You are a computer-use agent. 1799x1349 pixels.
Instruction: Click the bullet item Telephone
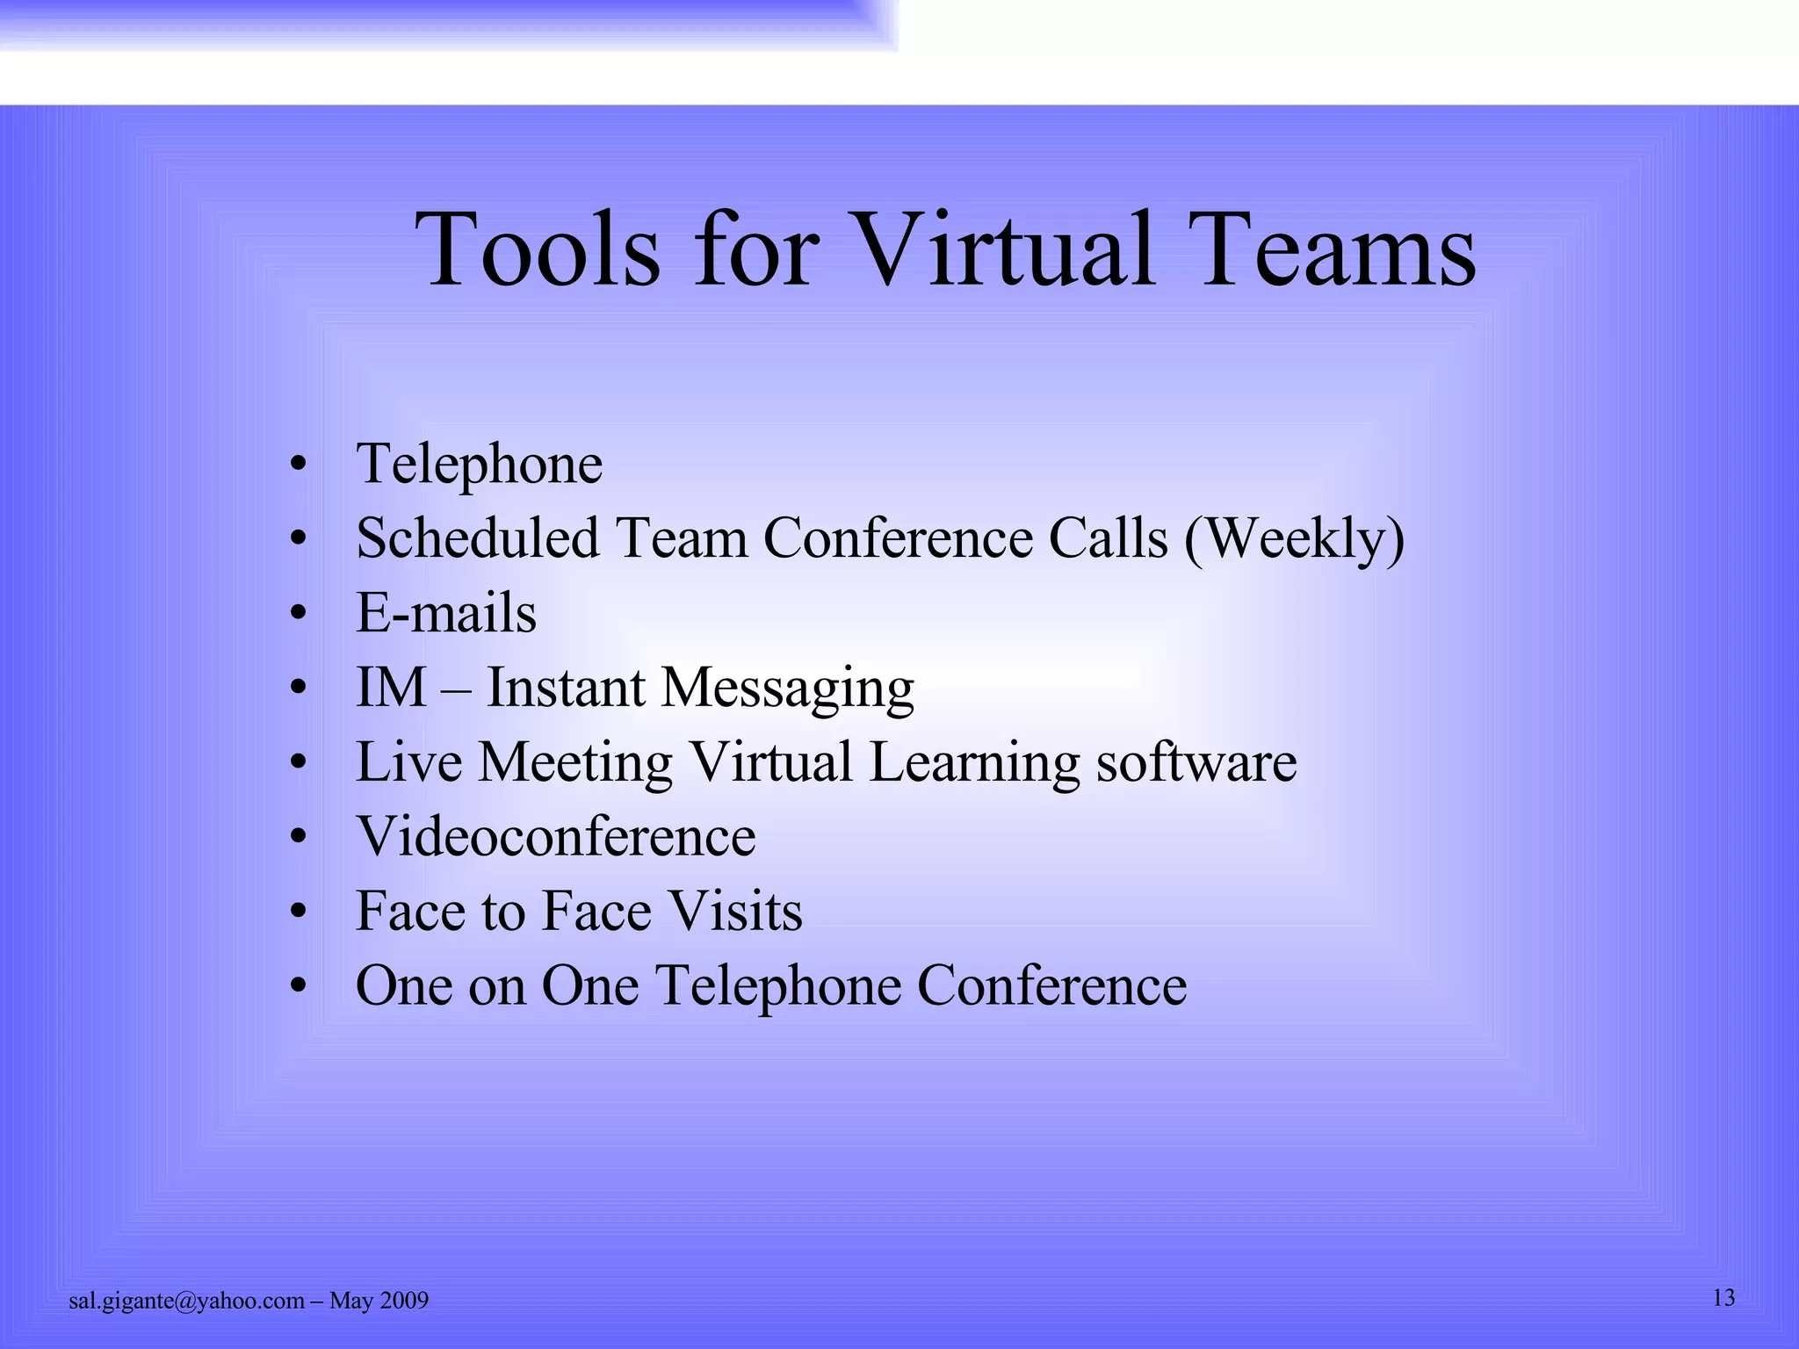click(480, 465)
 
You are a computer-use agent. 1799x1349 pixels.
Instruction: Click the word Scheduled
click(477, 538)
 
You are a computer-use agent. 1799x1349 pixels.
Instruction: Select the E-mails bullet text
click(446, 613)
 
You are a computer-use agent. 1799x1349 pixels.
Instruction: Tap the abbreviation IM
click(391, 687)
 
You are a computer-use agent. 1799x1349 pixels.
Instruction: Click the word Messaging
click(787, 689)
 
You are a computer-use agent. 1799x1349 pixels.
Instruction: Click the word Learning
click(974, 762)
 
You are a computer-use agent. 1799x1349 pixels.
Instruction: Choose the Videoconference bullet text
click(556, 836)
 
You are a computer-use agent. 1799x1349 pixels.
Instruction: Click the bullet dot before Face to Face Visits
click(299, 913)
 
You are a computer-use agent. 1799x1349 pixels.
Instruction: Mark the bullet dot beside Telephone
click(299, 465)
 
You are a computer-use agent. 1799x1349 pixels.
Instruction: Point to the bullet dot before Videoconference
click(299, 838)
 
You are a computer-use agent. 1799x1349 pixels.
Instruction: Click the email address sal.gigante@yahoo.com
click(186, 1301)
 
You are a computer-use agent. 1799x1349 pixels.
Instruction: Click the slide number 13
click(1723, 1298)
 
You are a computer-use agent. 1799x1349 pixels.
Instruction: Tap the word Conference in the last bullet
click(1051, 985)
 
